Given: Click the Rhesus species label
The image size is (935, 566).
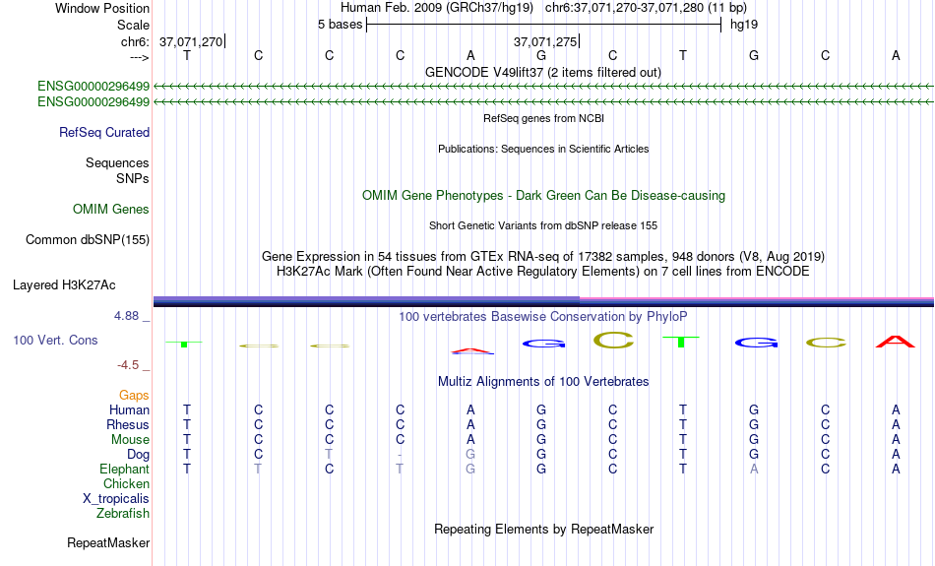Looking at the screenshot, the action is pos(128,424).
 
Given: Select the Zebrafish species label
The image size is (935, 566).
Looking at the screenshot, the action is pos(123,513).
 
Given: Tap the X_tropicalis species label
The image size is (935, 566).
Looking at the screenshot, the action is pos(116,499).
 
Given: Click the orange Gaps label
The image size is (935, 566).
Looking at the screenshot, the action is pos(134,396).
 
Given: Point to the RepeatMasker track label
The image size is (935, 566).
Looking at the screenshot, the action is pos(108,542).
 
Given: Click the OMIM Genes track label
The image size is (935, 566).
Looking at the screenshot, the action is pos(110,210).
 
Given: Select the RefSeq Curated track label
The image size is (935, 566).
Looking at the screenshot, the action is pos(103,133).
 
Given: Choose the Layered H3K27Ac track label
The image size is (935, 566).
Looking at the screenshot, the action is pos(64,285).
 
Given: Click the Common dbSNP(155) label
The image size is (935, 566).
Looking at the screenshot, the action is pos(87,240).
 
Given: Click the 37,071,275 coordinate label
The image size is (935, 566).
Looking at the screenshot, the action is pos(545,41).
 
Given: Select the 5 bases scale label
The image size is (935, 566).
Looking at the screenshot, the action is pos(340,25).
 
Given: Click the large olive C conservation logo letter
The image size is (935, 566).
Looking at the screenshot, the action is pos(613,341).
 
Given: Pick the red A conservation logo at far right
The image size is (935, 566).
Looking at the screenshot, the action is pos(895,342).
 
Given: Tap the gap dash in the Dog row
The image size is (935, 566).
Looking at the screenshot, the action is pos(400,455).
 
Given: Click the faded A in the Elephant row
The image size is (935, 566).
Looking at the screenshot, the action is pos(754,470).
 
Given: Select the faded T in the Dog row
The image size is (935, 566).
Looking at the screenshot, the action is pos(329,455).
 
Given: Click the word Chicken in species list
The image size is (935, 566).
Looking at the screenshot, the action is pos(126,483).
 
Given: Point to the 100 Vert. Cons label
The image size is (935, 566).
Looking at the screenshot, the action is pos(55,340).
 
